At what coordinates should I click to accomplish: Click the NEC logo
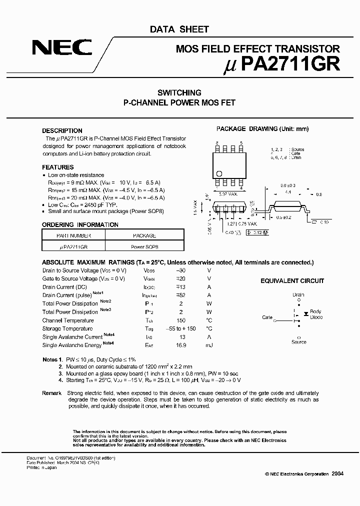pos(62,47)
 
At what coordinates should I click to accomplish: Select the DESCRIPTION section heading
pos(62,131)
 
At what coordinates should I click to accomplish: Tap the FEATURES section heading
pos(57,167)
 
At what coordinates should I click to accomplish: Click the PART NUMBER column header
pos(73,235)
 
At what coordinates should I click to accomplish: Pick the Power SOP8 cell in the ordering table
pos(144,246)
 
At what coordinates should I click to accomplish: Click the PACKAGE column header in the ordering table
pos(144,235)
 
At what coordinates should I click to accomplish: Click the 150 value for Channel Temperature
pos(180,320)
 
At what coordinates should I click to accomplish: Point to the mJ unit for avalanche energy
pos(209,345)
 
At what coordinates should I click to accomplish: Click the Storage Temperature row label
pos(67,329)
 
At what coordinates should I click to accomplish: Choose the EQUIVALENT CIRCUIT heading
pos(292,281)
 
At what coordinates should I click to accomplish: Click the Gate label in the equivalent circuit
pos(267,317)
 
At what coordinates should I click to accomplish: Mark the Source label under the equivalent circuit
pos(298,342)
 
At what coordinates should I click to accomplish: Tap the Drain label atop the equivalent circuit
pos(298,295)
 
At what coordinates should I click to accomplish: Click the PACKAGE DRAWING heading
pos(262,129)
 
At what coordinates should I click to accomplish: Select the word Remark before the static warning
pos(51,393)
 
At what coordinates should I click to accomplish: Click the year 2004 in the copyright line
pos(337,473)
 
